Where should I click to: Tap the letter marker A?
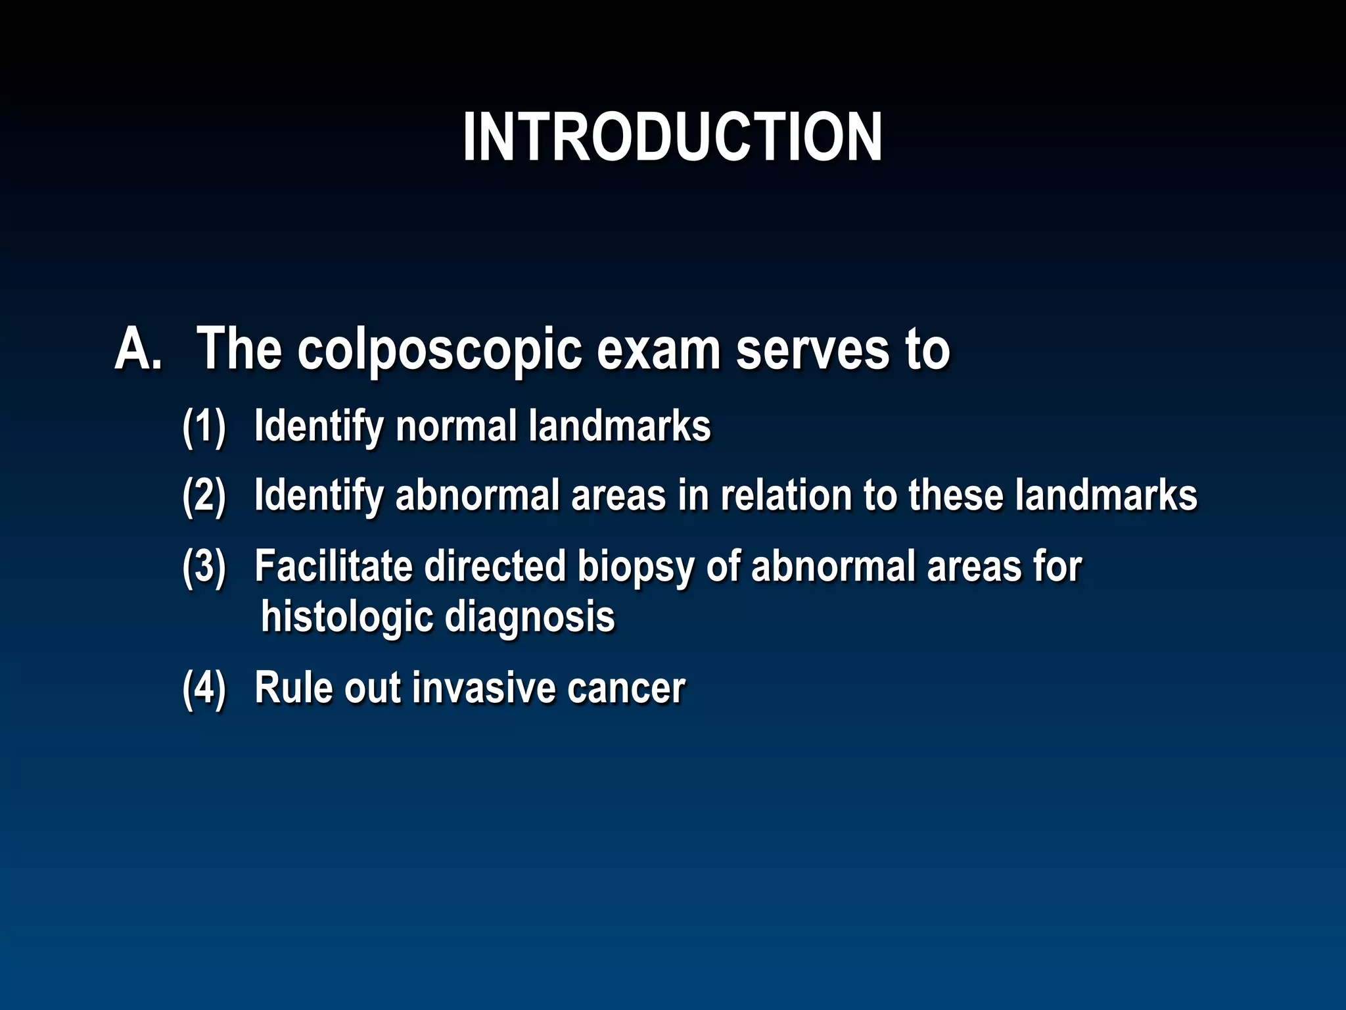coord(138,349)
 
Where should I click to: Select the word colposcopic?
coord(439,350)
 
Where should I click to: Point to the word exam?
coord(659,349)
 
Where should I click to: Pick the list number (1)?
coord(204,427)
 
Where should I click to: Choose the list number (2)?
coord(204,496)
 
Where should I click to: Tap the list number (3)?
coord(204,566)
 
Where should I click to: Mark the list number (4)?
coord(204,688)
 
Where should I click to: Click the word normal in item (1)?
coord(456,426)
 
